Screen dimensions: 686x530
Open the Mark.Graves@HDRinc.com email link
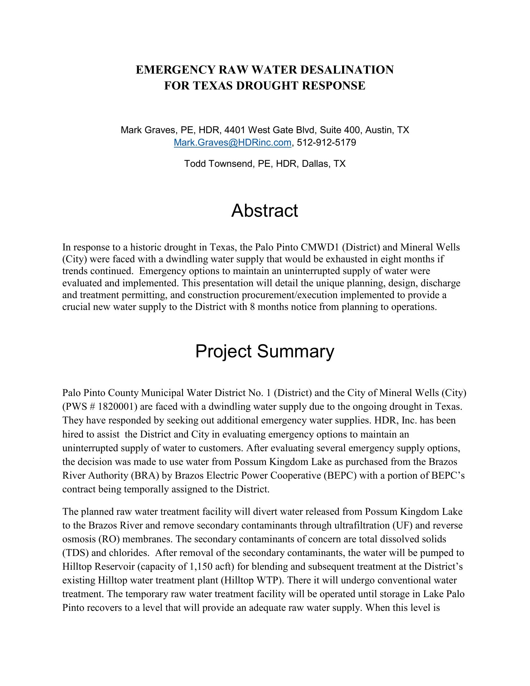pyautogui.click(x=232, y=143)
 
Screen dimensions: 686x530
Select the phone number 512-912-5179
pyautogui.click(x=326, y=143)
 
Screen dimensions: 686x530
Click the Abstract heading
pyautogui.click(x=265, y=210)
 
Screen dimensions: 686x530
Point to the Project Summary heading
pyautogui.click(x=265, y=351)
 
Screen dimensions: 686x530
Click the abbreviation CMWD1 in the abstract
pyautogui.click(x=320, y=247)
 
